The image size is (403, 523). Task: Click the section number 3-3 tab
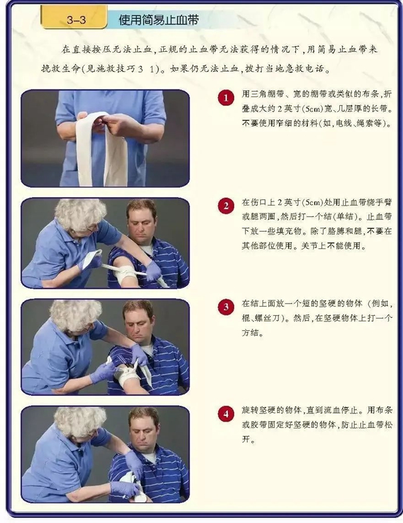click(76, 20)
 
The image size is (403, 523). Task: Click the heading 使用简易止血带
click(159, 20)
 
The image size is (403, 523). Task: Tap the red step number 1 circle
click(225, 98)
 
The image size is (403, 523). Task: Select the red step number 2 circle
click(225, 206)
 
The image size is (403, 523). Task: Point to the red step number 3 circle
click(225, 308)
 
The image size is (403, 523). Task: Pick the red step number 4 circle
click(225, 414)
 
